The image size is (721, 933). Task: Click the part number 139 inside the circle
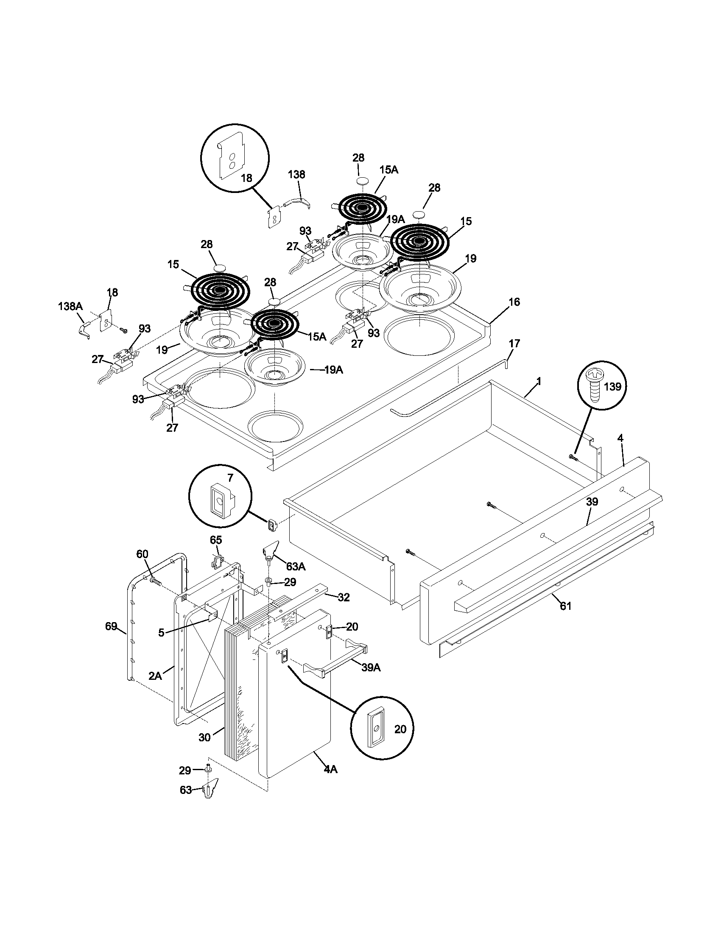(x=612, y=387)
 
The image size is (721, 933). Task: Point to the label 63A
(x=296, y=567)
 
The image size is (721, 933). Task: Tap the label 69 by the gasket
(x=111, y=626)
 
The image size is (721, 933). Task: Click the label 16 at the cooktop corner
(x=514, y=302)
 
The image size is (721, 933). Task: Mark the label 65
(x=216, y=540)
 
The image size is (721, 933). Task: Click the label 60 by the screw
(x=142, y=554)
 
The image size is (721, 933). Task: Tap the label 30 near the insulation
(x=204, y=737)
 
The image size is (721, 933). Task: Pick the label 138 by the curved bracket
(x=296, y=174)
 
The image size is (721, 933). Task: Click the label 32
(x=344, y=598)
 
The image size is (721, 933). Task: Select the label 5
(x=161, y=633)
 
